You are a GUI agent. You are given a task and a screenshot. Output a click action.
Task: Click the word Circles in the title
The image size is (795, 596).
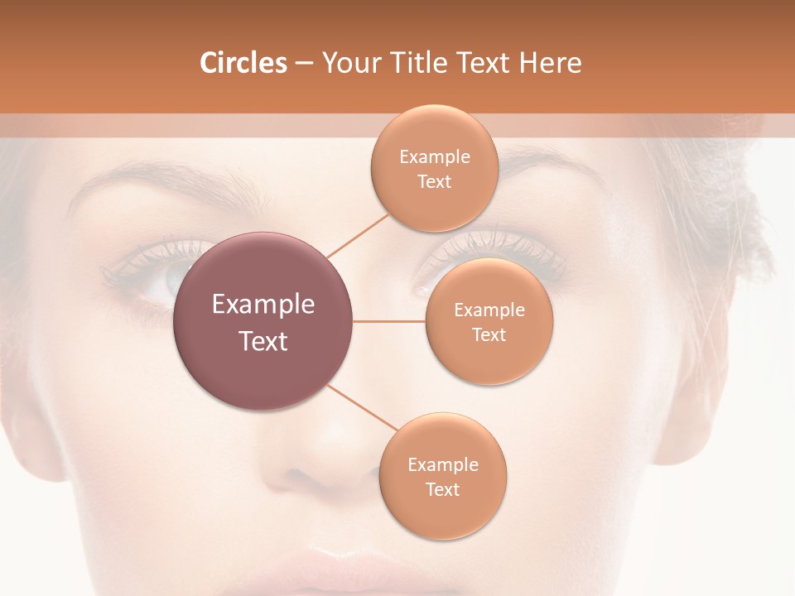pyautogui.click(x=243, y=63)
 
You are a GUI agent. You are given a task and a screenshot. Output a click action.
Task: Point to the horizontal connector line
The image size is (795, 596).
pyautogui.click(x=389, y=321)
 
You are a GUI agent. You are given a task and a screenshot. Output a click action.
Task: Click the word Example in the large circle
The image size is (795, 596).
pyautogui.click(x=263, y=305)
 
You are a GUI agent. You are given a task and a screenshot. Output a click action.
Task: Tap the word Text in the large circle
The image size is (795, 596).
pyautogui.click(x=263, y=341)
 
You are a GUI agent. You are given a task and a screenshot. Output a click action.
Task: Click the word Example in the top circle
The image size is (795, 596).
pyautogui.click(x=435, y=157)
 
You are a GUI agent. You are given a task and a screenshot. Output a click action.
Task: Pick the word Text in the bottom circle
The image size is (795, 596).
pyautogui.click(x=442, y=490)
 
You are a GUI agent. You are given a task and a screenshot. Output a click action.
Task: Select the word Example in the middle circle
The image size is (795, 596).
pyautogui.click(x=489, y=310)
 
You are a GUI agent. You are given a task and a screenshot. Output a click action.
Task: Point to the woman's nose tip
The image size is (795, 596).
pyautogui.click(x=327, y=464)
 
